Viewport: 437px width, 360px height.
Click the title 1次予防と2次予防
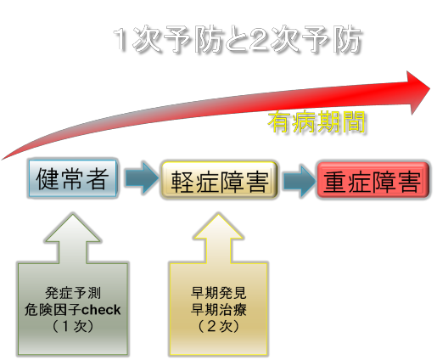[238, 40]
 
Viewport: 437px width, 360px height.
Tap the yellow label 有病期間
[317, 122]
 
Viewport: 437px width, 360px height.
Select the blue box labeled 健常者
[73, 178]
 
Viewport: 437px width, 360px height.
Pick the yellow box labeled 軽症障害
[220, 180]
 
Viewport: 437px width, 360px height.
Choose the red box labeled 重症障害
[373, 180]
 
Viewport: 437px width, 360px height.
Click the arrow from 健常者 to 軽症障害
[142, 178]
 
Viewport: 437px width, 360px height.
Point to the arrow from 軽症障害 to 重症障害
[300, 181]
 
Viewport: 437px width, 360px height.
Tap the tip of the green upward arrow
[73, 214]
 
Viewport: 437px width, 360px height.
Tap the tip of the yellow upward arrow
[218, 214]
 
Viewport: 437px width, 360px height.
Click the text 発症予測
[73, 293]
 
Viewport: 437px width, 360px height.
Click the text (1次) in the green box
[73, 326]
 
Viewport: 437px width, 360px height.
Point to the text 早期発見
[218, 293]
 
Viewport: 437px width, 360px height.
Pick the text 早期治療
[218, 310]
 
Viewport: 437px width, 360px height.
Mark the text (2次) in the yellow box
[218, 326]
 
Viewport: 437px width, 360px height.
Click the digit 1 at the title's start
[121, 40]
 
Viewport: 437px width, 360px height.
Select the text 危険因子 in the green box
[53, 310]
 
